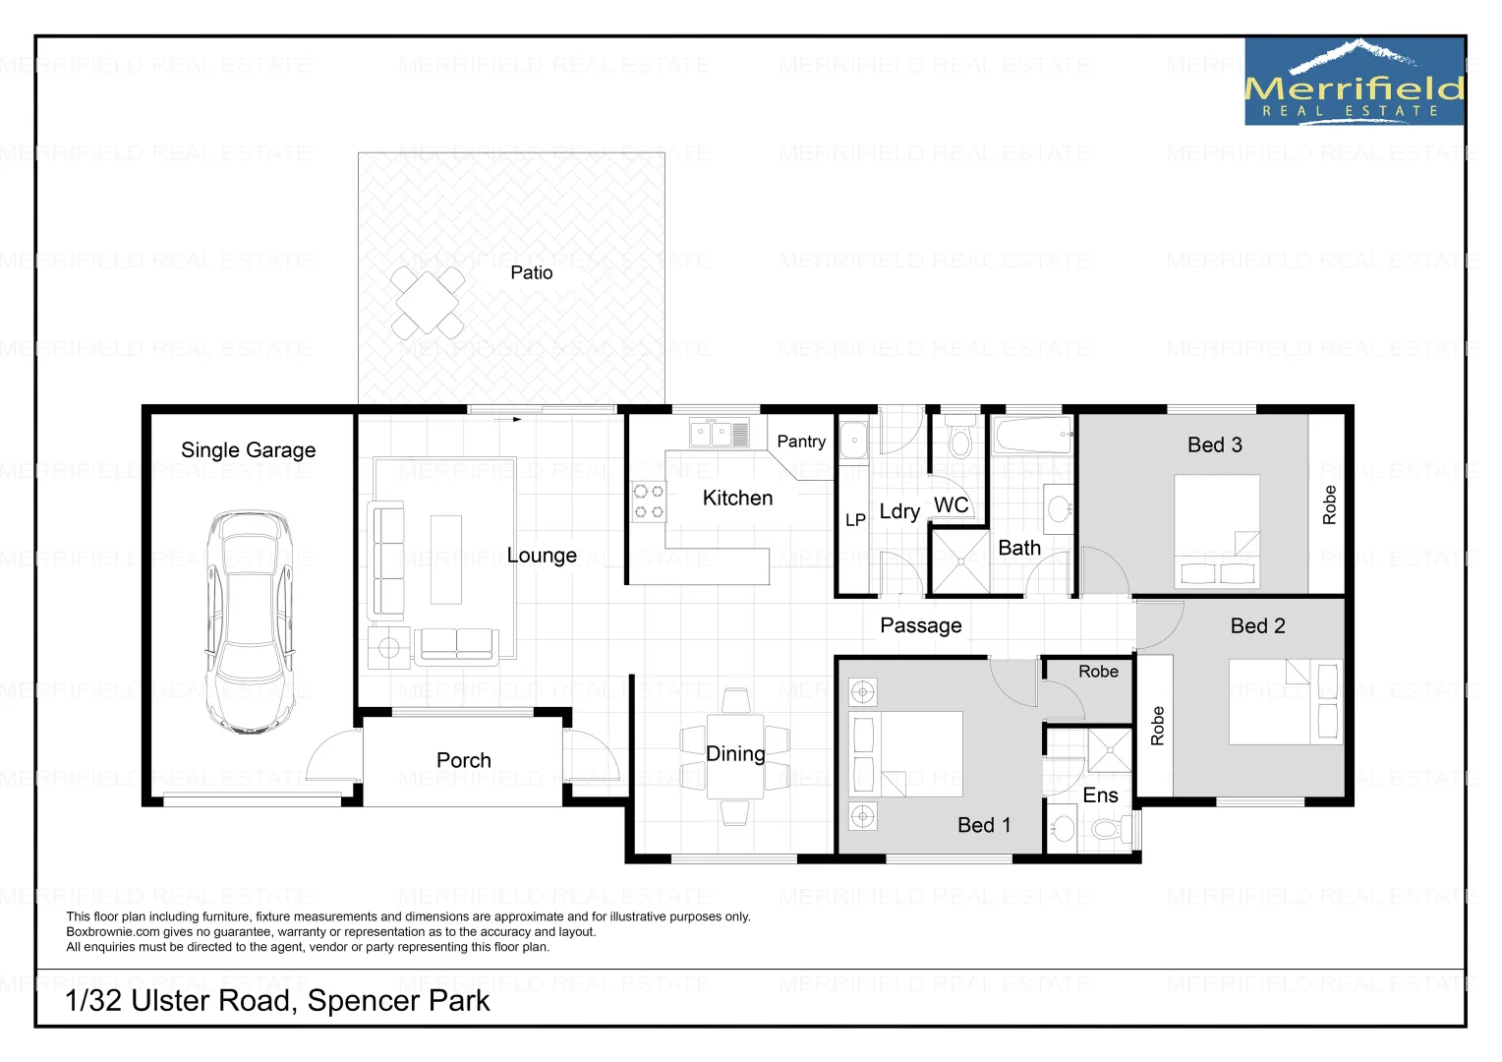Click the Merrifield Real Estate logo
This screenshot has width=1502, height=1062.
1354,82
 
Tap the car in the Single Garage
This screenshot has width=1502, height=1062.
250,621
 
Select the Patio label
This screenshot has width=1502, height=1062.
531,272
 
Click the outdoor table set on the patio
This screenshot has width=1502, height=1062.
428,302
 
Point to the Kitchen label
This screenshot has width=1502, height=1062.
737,499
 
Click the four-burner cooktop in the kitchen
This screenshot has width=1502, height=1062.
648,501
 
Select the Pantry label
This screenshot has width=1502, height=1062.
801,442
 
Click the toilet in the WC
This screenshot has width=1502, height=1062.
960,439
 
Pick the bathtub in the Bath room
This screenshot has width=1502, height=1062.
1032,435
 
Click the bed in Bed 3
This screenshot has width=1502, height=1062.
1217,530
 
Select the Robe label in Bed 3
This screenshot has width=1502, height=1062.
1329,504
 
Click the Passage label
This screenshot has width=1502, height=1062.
920,625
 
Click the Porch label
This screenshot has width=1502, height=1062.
463,760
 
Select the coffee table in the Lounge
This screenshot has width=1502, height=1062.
445,560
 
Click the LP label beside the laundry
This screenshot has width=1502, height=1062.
855,519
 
